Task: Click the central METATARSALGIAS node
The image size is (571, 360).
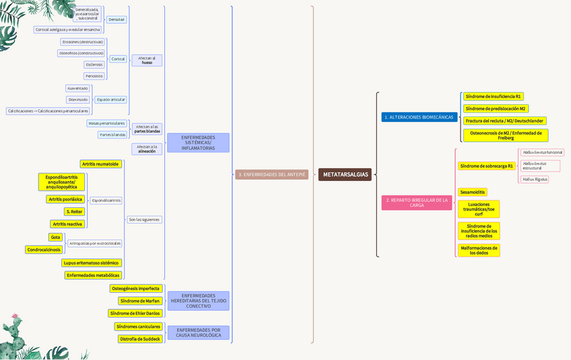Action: [345, 174]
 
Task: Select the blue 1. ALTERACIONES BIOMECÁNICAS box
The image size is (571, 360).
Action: [419, 117]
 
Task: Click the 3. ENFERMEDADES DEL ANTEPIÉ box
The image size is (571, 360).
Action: [271, 174]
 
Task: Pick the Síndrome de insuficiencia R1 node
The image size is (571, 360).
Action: [493, 96]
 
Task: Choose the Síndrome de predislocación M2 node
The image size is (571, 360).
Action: [496, 108]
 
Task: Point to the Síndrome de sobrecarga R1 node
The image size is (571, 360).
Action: [486, 166]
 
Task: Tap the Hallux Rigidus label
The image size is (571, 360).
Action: [535, 179]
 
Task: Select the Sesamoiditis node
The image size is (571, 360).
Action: [472, 192]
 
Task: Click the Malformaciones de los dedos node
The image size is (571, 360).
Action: [479, 250]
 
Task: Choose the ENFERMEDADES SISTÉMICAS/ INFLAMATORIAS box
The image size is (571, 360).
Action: [198, 143]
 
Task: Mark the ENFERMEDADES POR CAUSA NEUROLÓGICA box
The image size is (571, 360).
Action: [198, 332]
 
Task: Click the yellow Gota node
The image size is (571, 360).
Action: [55, 237]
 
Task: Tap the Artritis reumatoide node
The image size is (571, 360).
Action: [100, 164]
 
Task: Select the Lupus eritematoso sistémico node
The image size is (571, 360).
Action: [91, 262]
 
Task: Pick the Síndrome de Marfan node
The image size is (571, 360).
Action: [139, 301]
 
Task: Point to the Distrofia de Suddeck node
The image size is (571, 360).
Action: [139, 338]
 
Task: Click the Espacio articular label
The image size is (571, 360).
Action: [110, 100]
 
